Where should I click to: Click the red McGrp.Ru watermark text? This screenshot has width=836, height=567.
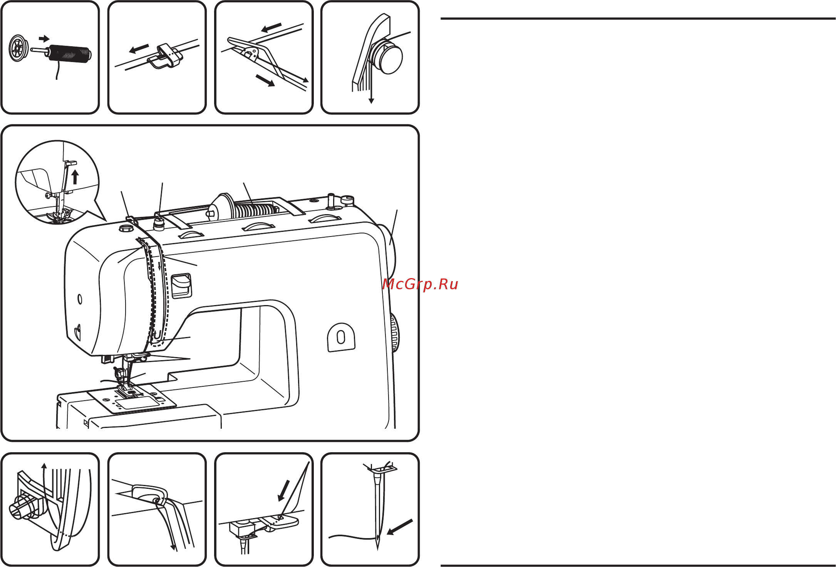420,285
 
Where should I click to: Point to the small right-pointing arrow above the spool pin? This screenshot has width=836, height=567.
44,39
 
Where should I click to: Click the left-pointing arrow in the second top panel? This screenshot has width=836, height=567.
139,49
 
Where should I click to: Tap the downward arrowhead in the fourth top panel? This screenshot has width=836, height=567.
371,101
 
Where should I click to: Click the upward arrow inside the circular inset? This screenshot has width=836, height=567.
75,177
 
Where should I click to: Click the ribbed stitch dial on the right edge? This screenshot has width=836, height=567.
394,332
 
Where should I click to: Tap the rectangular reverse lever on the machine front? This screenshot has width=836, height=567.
181,286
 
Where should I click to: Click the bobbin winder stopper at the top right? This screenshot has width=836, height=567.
347,200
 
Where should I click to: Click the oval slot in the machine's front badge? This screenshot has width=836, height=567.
341,338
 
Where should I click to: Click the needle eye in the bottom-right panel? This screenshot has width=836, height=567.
377,537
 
